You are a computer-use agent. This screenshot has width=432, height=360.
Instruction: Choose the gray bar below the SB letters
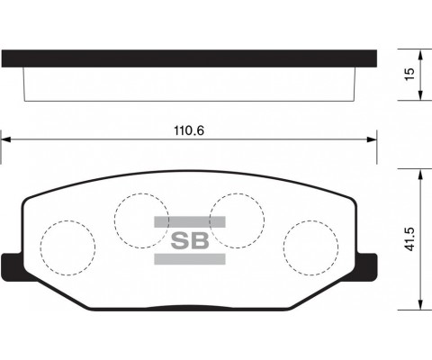(x=189, y=260)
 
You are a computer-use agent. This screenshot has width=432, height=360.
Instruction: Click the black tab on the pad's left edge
(x=13, y=267)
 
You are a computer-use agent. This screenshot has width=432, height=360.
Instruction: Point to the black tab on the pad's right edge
(x=366, y=267)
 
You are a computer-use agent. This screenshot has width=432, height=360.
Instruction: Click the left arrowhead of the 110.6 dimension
(x=4, y=139)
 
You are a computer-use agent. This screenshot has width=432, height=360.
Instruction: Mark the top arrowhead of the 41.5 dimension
(x=420, y=172)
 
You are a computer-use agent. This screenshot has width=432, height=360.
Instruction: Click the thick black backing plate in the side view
(x=189, y=58)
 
